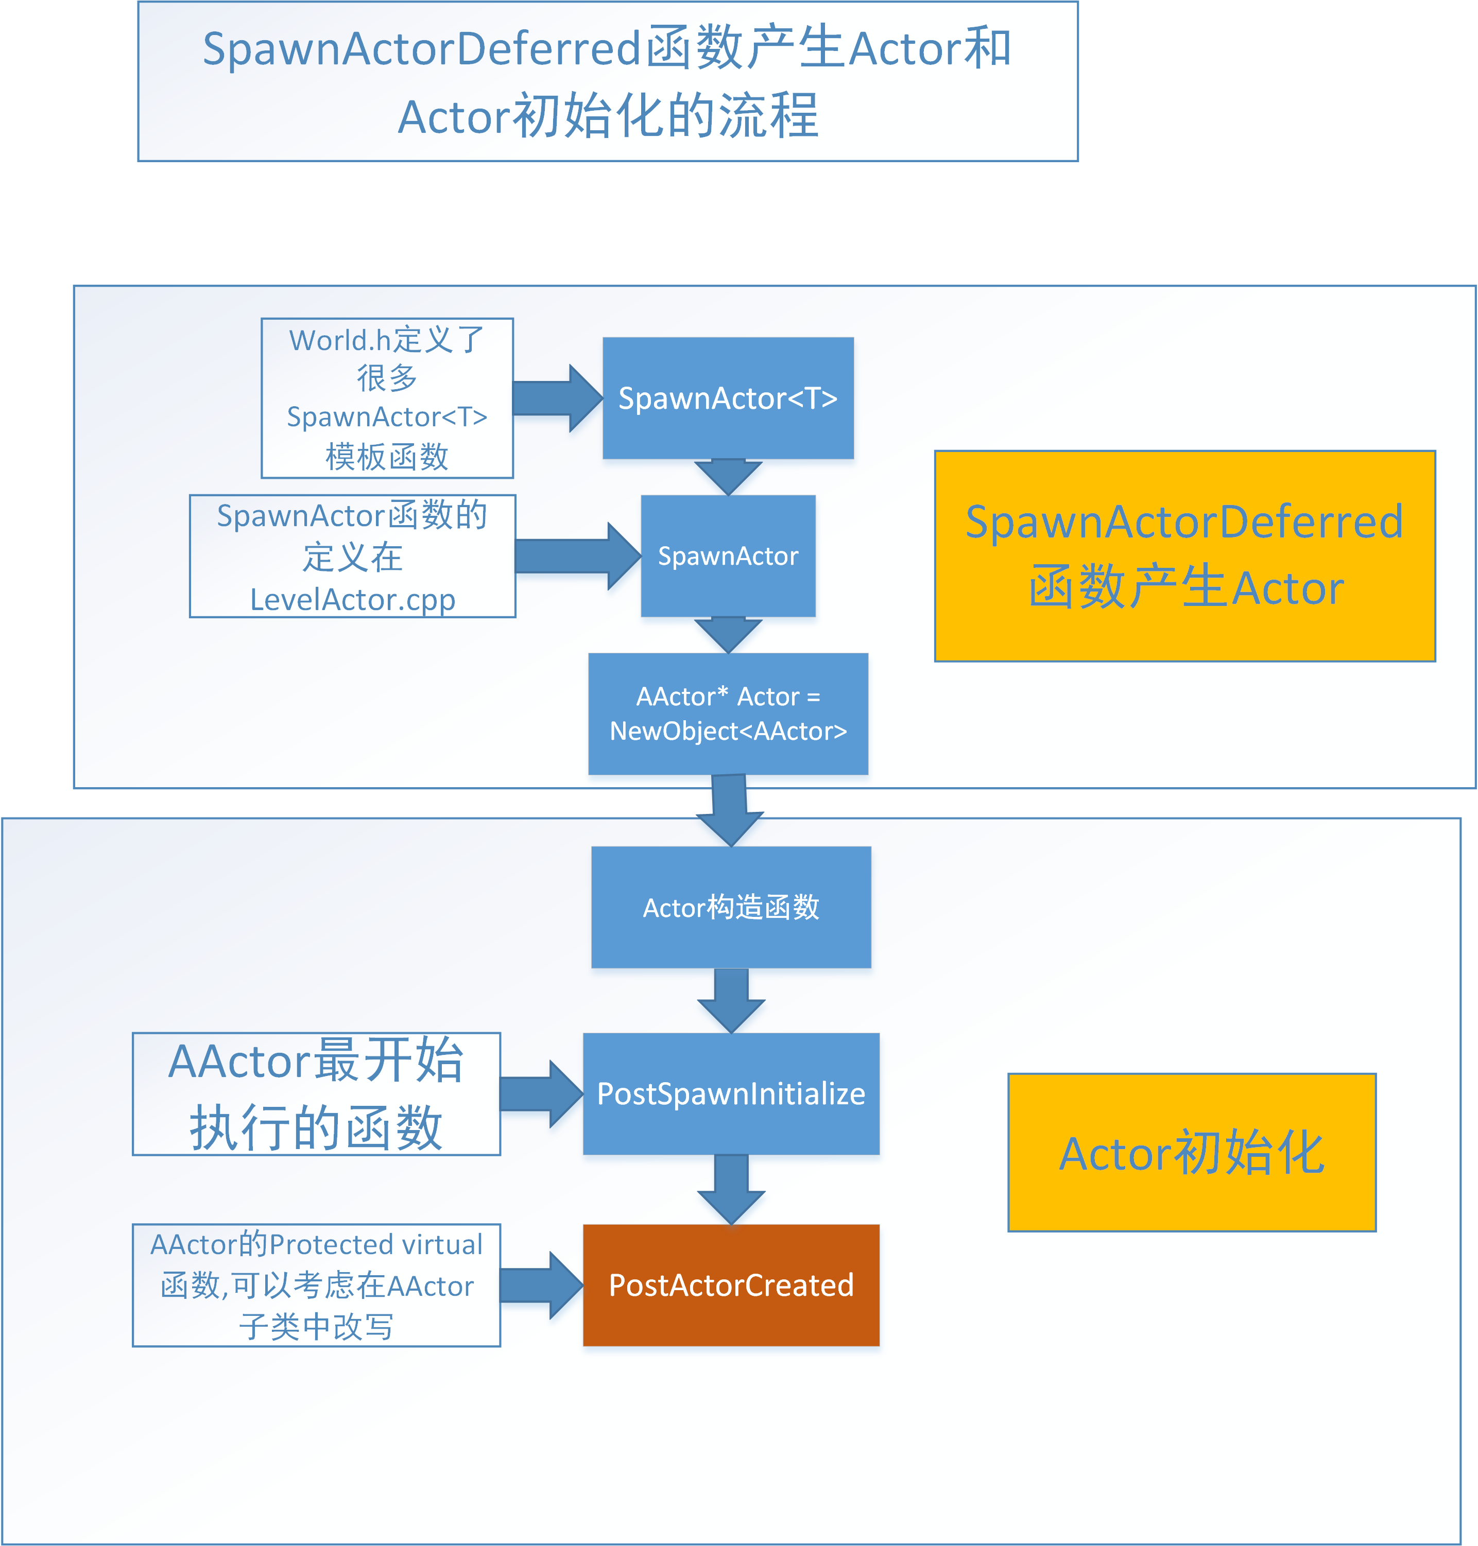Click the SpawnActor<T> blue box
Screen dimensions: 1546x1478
(x=728, y=398)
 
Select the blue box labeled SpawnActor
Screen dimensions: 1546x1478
(x=728, y=556)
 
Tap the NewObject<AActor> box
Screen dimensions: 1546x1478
(x=728, y=714)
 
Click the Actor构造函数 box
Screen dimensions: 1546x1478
(x=731, y=907)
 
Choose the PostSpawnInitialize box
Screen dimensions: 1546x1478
(x=731, y=1094)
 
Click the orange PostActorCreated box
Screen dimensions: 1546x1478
(x=731, y=1286)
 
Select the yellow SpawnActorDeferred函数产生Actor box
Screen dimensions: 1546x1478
(x=1185, y=556)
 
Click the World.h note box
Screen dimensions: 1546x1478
(x=387, y=398)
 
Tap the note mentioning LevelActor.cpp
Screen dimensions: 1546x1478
(x=352, y=556)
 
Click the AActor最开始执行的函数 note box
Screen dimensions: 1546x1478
(x=316, y=1094)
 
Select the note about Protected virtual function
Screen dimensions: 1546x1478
(x=316, y=1286)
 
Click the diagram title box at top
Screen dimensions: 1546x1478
(x=608, y=82)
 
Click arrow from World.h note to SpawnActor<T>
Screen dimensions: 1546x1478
(x=556, y=398)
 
